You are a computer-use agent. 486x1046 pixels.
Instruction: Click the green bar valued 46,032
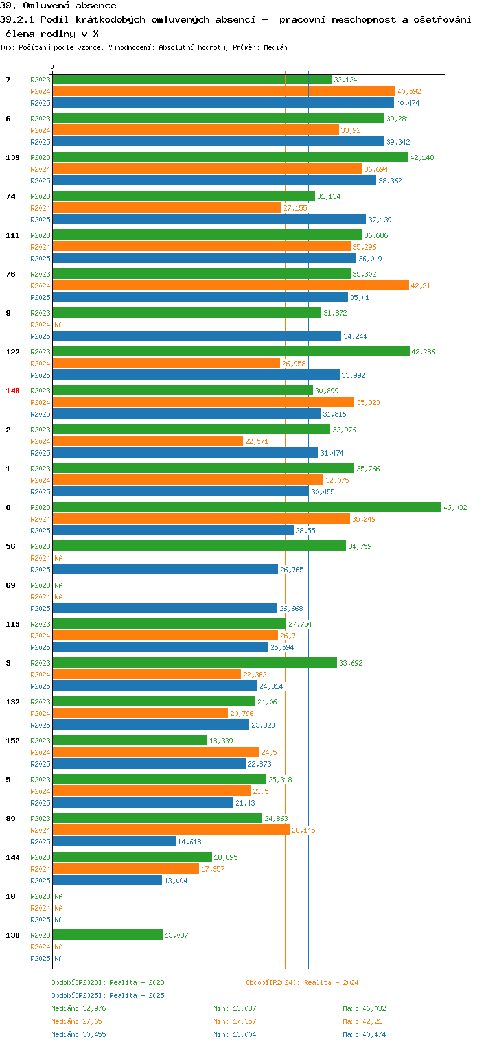(x=247, y=507)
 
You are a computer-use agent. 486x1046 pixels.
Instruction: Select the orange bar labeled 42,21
(x=231, y=285)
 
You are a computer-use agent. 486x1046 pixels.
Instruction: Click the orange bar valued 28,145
(x=171, y=830)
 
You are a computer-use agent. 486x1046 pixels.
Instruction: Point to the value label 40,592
(x=409, y=91)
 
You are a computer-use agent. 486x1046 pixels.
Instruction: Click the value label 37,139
(x=380, y=220)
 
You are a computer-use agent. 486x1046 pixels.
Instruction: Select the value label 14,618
(x=190, y=841)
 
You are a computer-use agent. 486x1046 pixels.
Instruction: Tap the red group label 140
(x=13, y=390)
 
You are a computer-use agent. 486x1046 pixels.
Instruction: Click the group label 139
(x=13, y=157)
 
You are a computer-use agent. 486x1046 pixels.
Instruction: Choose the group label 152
(x=13, y=740)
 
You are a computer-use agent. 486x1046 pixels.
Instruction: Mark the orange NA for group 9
(x=58, y=325)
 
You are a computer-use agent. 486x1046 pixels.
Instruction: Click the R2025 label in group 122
(x=40, y=375)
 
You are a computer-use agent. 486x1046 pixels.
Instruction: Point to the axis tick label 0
(x=52, y=67)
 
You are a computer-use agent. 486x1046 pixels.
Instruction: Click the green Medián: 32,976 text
(x=78, y=1008)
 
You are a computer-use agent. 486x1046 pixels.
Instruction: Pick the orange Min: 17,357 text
(x=235, y=1021)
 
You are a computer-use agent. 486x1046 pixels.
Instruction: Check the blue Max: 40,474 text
(x=365, y=1034)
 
